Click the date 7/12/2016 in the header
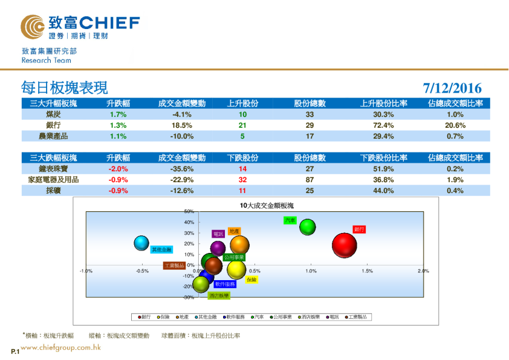pyautogui.click(x=452, y=88)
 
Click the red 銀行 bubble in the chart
pyautogui.click(x=345, y=246)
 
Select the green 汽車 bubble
pyautogui.click(x=308, y=227)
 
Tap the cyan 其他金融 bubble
pyautogui.click(x=141, y=243)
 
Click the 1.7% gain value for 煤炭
pyautogui.click(x=118, y=114)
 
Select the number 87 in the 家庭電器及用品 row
pyautogui.click(x=310, y=180)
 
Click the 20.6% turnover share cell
pyautogui.click(x=455, y=125)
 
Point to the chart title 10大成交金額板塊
pyautogui.click(x=267, y=206)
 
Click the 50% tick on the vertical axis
pyautogui.click(x=188, y=212)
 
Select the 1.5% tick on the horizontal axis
pyautogui.click(x=367, y=271)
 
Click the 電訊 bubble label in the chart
pyautogui.click(x=218, y=234)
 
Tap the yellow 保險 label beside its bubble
pyautogui.click(x=252, y=280)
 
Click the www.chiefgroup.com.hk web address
pyautogui.click(x=60, y=348)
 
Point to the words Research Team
pyautogui.click(x=46, y=61)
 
